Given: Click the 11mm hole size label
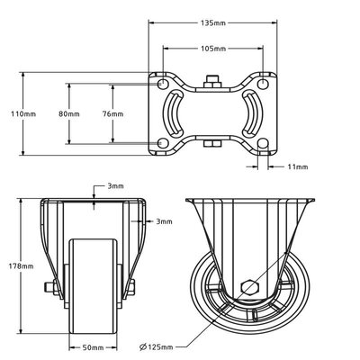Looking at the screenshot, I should coord(298,167).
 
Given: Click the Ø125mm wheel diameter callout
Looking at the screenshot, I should coord(162,346).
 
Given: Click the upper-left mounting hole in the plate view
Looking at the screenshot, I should coord(165,82).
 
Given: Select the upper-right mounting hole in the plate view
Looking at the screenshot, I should coord(262,82).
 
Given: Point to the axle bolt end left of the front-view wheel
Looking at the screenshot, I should coord(48,288).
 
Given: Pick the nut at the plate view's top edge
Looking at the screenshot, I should coord(212,83).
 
